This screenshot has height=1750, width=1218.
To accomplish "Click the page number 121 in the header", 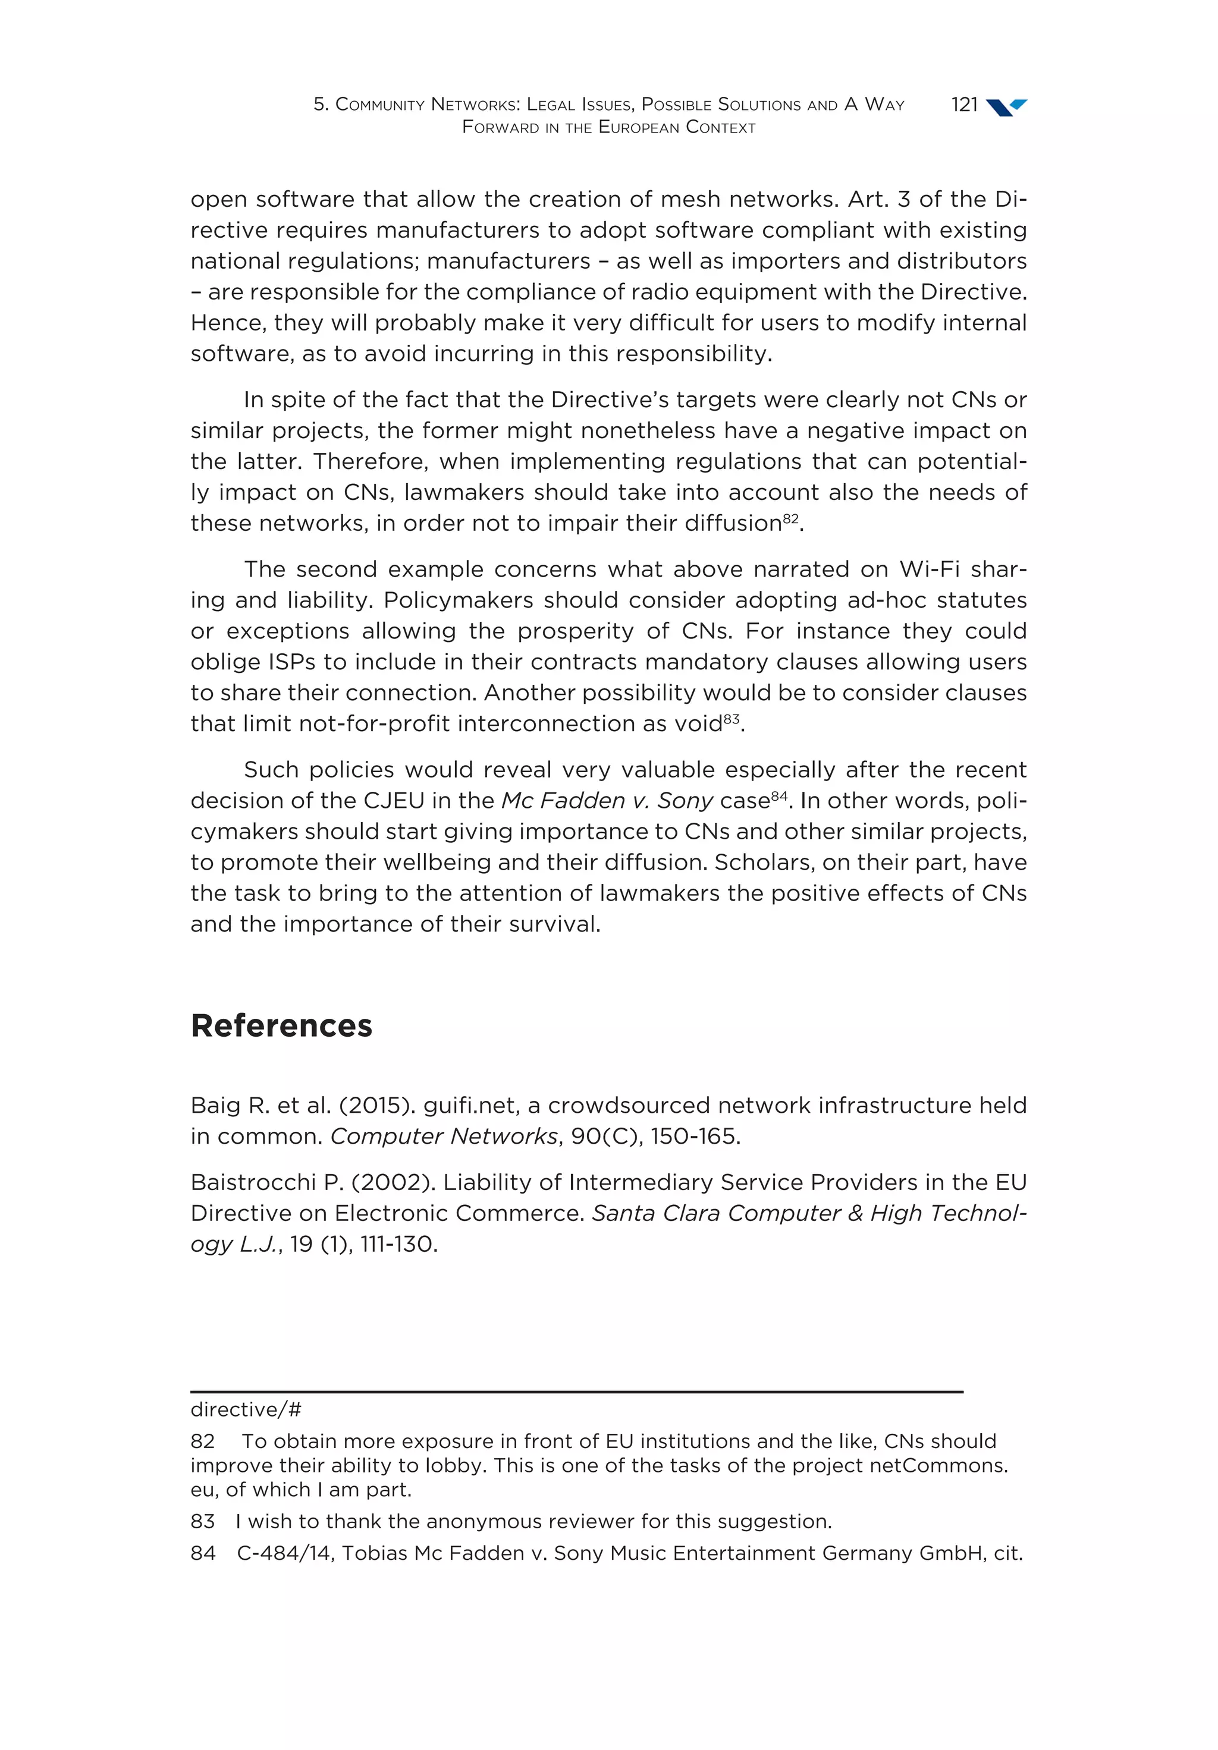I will tap(964, 105).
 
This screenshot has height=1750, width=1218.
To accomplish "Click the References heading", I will tap(281, 1026).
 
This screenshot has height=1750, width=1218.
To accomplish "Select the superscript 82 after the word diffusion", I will tap(790, 518).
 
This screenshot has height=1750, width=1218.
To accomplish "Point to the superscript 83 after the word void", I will tap(732, 719).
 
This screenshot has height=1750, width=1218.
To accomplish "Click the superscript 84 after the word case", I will tap(778, 796).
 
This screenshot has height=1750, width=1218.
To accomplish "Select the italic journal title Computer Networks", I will tap(444, 1137).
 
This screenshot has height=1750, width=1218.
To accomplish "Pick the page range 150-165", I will tap(694, 1137).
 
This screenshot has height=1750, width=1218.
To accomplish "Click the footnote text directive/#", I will tap(246, 1409).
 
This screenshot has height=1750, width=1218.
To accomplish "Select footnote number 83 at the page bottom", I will tap(203, 1521).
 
